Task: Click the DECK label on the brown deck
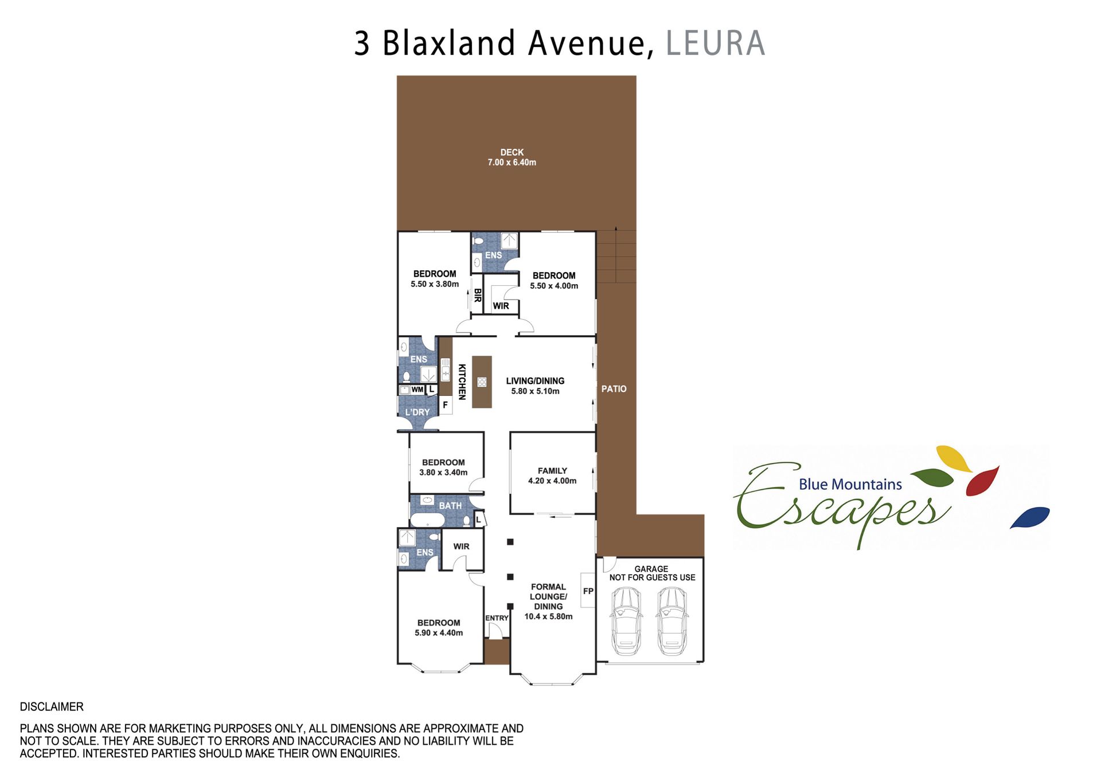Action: click(512, 152)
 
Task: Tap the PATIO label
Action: click(614, 389)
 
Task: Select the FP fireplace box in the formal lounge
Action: click(588, 590)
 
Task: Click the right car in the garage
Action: click(672, 621)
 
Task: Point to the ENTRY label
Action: click(497, 618)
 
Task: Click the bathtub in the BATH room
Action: click(427, 520)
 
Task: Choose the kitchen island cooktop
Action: click(482, 382)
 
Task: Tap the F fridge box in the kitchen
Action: click(445, 405)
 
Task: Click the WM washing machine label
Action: click(417, 390)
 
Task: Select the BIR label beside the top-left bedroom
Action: click(477, 295)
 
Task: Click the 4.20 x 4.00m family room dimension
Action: click(552, 481)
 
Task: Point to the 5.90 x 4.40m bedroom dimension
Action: click(439, 633)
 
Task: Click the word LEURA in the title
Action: click(715, 44)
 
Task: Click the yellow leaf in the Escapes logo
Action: click(954, 459)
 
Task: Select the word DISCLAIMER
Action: click(52, 707)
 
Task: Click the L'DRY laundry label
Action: click(417, 412)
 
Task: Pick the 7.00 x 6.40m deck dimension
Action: click(512, 163)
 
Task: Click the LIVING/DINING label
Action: click(535, 381)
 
